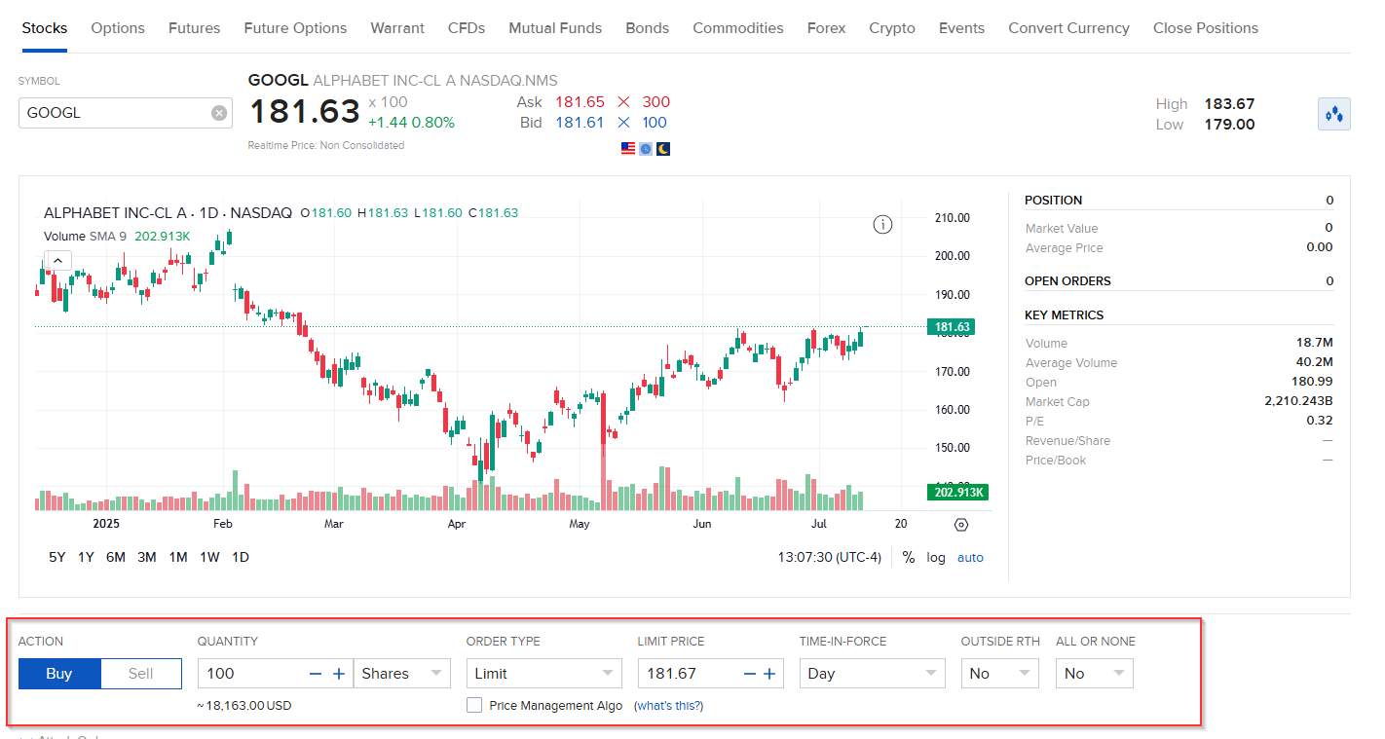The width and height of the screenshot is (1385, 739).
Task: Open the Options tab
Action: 118,28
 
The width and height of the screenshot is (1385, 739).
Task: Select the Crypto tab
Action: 892,28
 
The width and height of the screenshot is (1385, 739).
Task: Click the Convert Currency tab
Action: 1068,28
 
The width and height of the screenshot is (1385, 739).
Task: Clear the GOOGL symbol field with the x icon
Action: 219,113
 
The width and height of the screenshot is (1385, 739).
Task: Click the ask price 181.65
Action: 580,102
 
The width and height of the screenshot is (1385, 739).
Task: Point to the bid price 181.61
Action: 580,123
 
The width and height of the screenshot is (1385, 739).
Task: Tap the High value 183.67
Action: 1229,104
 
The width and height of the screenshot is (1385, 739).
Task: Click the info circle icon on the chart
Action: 882,225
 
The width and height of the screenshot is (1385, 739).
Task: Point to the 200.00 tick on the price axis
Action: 952,256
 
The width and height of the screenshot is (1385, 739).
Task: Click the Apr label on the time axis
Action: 456,524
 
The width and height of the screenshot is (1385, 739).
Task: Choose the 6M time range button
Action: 116,557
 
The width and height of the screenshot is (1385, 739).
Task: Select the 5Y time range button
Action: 57,557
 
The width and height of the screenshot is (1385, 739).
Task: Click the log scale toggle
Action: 936,558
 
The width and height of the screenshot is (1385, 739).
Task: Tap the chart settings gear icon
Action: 961,525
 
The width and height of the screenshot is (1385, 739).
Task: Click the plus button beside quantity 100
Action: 339,674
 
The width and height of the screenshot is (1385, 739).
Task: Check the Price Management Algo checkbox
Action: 474,706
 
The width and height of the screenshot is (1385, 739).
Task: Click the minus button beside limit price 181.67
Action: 749,674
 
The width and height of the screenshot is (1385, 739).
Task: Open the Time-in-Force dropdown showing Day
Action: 872,674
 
